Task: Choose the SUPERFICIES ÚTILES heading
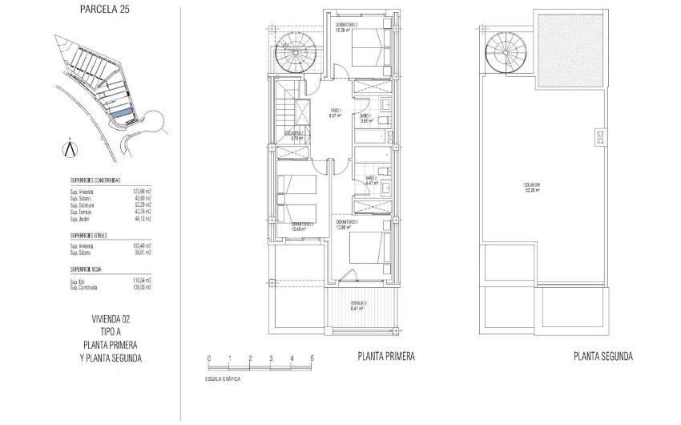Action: pos(90,236)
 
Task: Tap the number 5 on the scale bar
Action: pos(312,358)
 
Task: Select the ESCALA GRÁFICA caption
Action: pos(222,377)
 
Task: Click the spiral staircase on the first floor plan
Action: pos(292,55)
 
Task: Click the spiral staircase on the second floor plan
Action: pos(505,55)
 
